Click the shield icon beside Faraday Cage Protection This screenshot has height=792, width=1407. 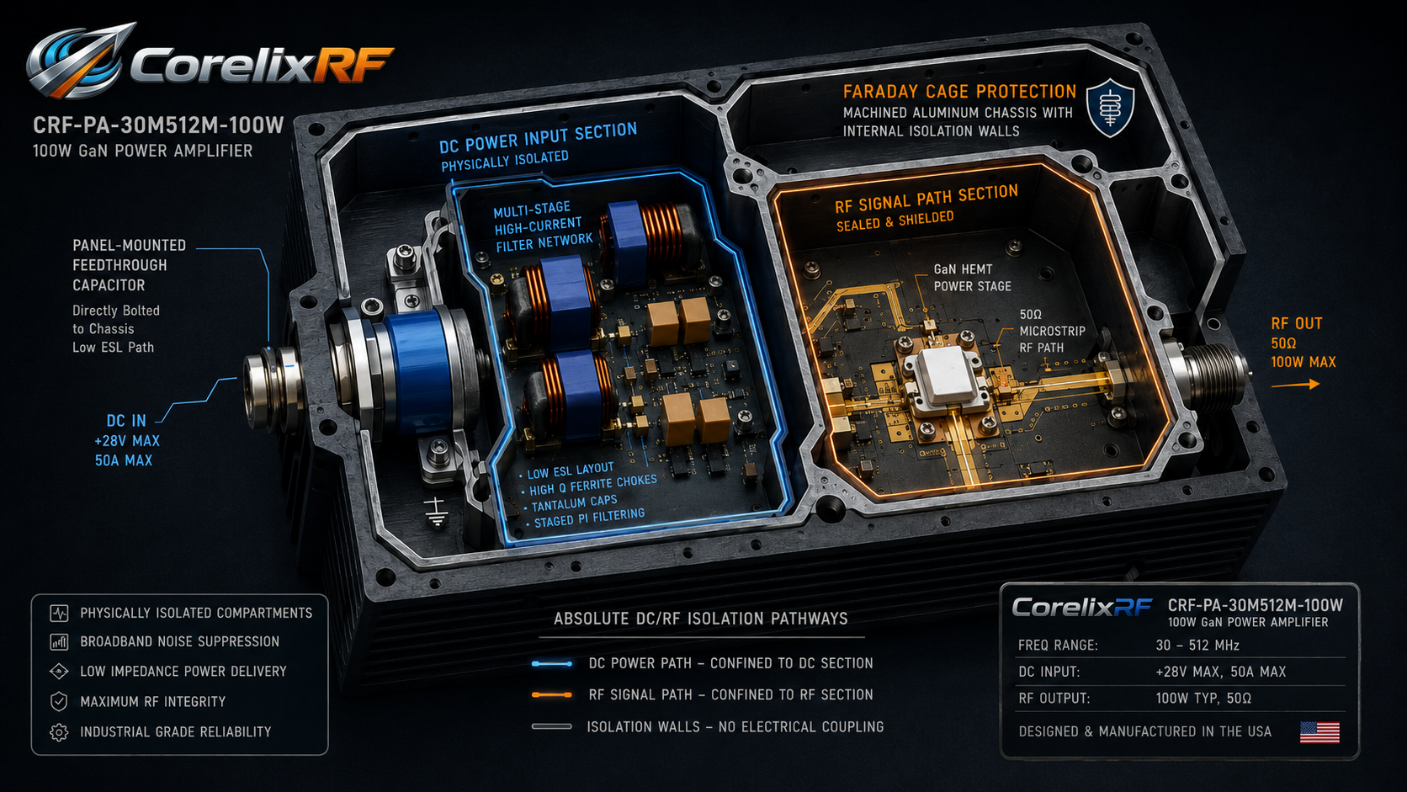[1110, 108]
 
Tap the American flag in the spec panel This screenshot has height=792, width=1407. [1319, 731]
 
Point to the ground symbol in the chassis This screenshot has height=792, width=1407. [435, 511]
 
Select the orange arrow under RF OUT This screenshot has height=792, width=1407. [1295, 385]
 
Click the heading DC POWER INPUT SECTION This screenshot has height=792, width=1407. [539, 137]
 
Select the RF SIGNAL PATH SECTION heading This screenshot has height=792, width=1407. [926, 199]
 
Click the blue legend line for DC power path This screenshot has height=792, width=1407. [551, 663]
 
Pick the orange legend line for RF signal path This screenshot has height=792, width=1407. [551, 694]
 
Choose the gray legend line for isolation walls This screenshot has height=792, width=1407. [551, 726]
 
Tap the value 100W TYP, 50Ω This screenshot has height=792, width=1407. [1203, 699]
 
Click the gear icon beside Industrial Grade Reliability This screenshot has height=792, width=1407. [59, 732]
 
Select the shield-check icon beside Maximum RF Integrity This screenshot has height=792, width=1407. [59, 702]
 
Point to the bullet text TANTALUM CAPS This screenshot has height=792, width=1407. [574, 503]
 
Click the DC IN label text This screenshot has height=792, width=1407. [126, 420]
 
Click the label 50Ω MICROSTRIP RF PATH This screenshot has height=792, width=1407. [1052, 331]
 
